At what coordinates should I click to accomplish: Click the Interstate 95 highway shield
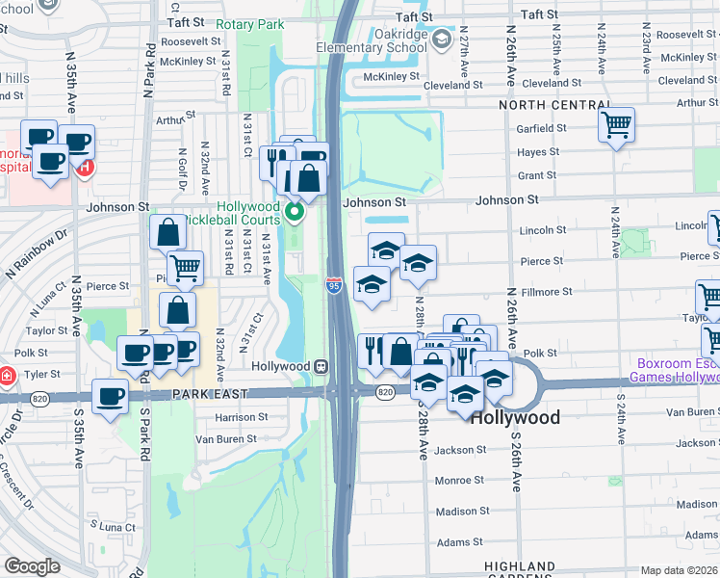(x=333, y=285)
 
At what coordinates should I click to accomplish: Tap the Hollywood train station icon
(x=321, y=366)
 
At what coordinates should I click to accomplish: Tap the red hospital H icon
(x=84, y=168)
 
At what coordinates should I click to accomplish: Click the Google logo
(x=32, y=566)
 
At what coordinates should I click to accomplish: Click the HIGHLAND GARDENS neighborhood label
(x=520, y=571)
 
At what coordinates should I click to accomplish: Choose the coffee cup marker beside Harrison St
(x=111, y=396)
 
